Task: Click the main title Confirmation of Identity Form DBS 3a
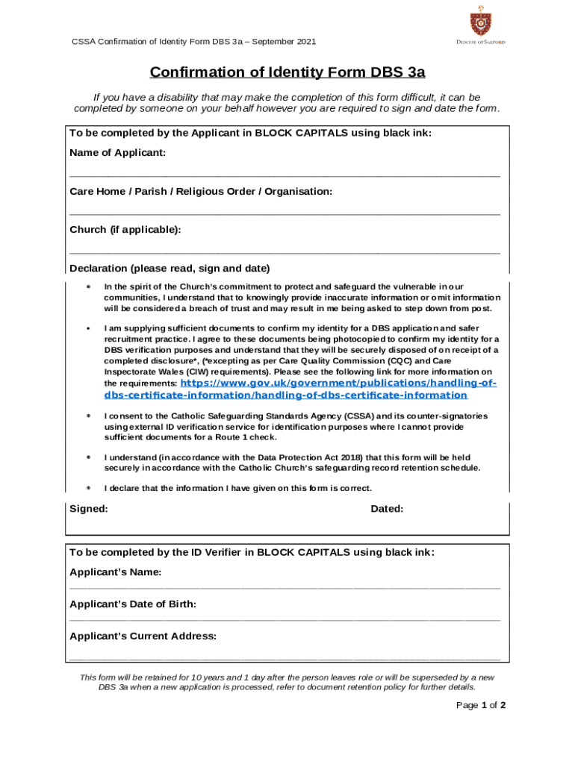coord(287,72)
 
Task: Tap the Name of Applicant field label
coord(117,153)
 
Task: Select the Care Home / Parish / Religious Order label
coord(200,192)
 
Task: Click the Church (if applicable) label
coord(125,230)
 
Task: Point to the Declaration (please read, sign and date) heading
coord(170,269)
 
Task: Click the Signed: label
coord(88,509)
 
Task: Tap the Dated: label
coord(387,509)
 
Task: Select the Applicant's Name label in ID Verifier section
coord(115,572)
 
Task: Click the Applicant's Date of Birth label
coord(133,604)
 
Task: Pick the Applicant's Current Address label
coord(143,636)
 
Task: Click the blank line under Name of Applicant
coord(285,175)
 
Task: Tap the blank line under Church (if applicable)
coord(285,251)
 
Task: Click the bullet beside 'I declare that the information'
coord(88,489)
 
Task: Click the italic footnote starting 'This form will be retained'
coord(287,682)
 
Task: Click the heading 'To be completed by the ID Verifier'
coord(252,553)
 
